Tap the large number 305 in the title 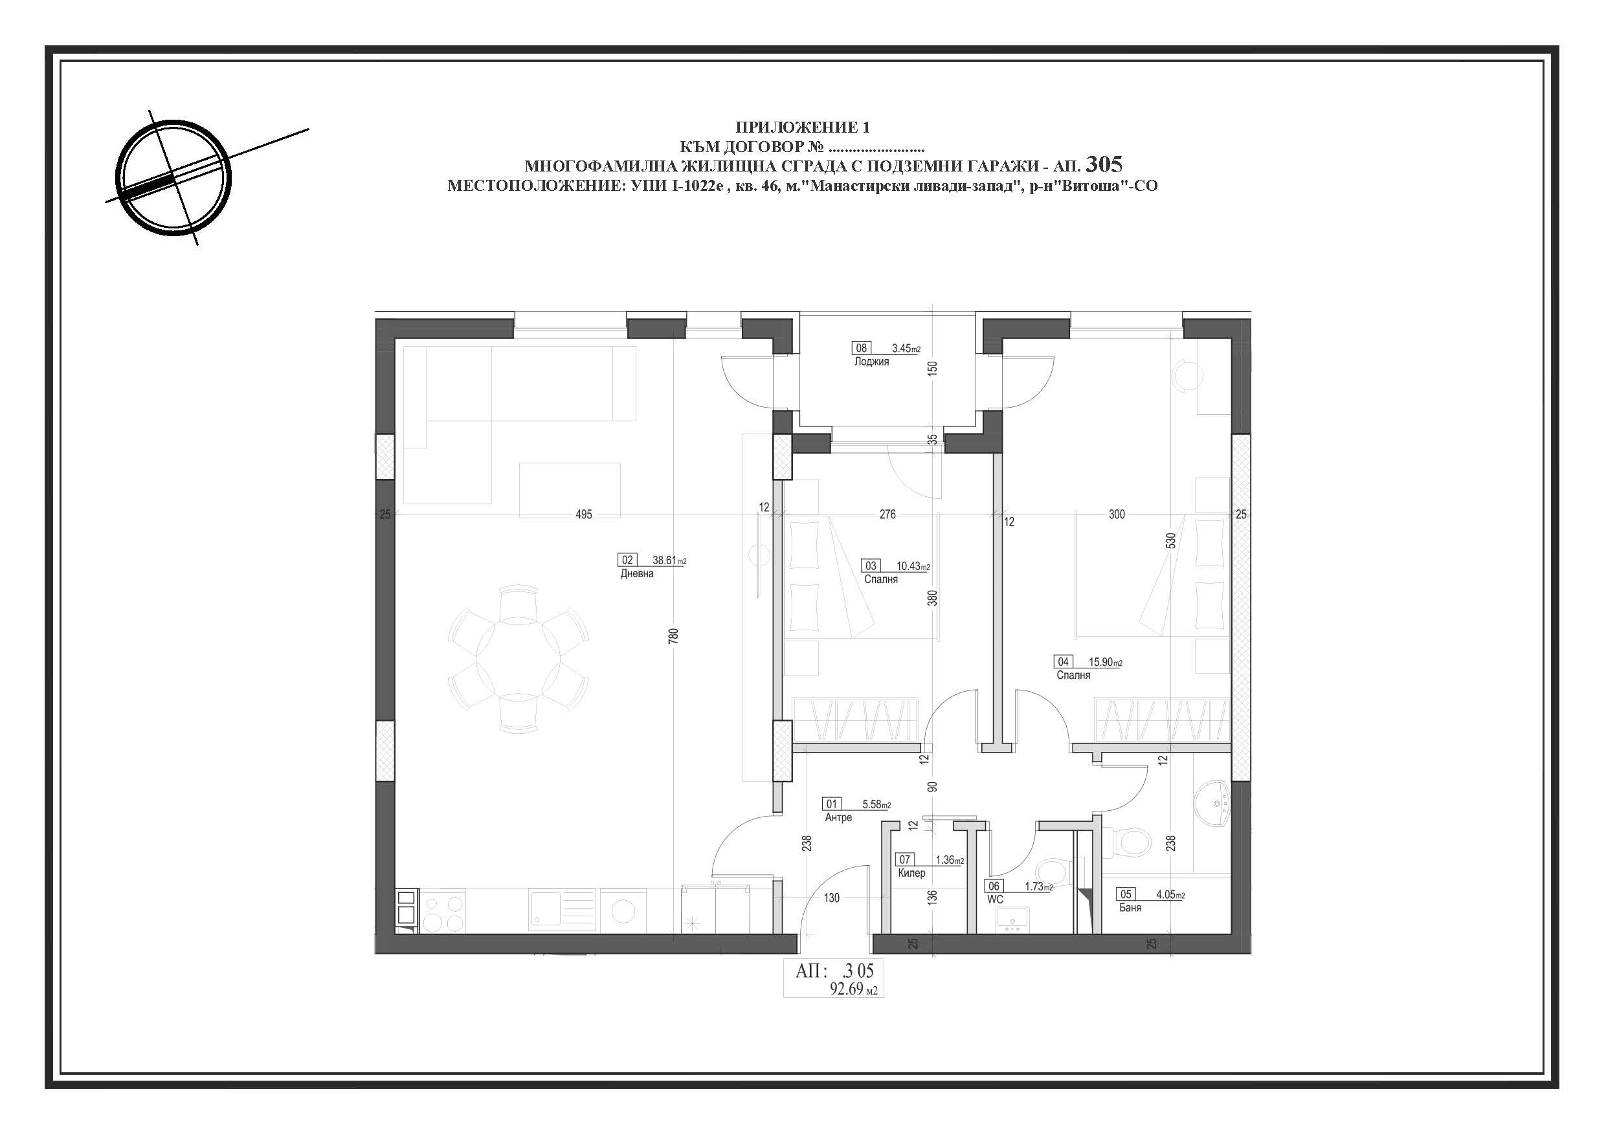[1104, 164]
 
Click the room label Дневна [636, 573]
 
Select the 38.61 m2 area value [669, 560]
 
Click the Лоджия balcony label [871, 362]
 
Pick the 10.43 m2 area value [913, 566]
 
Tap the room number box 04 [1063, 661]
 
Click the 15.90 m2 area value [1106, 662]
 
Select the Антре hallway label [838, 817]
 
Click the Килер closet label [911, 873]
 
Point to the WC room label [995, 899]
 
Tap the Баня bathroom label [1130, 907]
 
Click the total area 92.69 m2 [853, 989]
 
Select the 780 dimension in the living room [674, 635]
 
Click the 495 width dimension [583, 514]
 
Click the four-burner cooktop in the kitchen [443, 910]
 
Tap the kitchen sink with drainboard [563, 910]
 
